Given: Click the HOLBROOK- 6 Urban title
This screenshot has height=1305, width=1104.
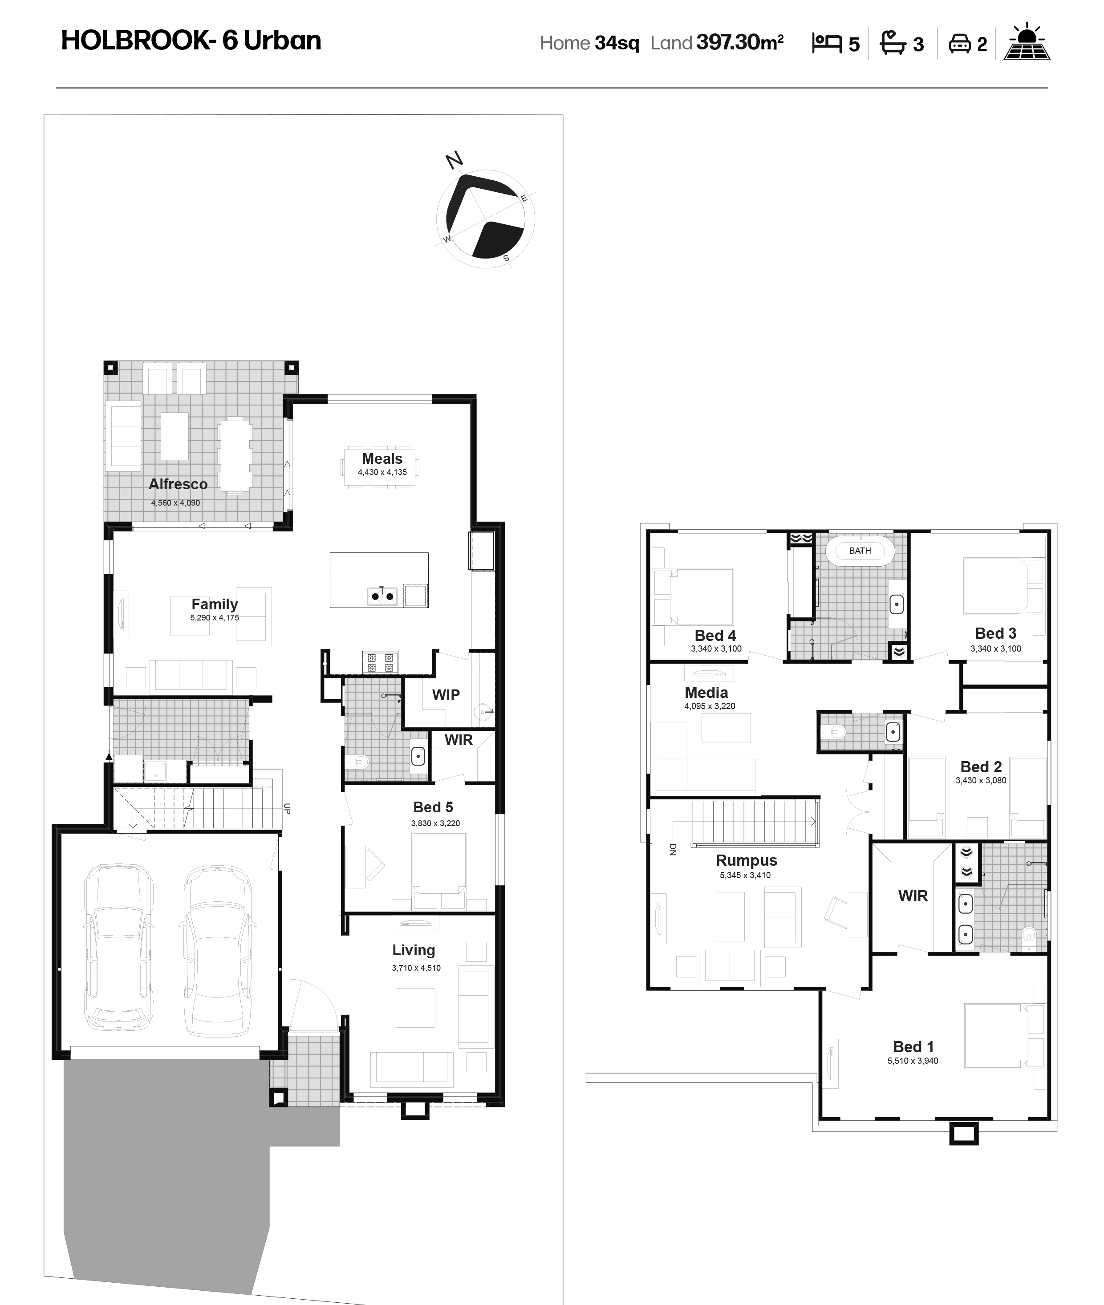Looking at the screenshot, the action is [x=191, y=41].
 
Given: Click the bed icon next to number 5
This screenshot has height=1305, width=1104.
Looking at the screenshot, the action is [x=826, y=43].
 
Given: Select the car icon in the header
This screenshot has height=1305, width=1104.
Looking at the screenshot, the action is [x=959, y=44].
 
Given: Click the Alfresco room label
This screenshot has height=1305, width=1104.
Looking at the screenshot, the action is [x=178, y=484].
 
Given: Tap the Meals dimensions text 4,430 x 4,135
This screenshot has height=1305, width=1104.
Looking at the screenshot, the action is [x=382, y=472].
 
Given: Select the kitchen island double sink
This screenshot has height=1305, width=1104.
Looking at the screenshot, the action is [x=382, y=596].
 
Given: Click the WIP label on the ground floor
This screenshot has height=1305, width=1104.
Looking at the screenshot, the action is [x=446, y=695].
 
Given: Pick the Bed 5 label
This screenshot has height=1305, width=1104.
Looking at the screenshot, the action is [x=433, y=808].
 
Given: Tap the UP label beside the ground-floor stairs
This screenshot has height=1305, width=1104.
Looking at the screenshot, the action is [x=287, y=808].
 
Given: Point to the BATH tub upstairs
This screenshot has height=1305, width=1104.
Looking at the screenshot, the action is [x=860, y=551].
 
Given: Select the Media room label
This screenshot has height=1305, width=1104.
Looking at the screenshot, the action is [x=706, y=693].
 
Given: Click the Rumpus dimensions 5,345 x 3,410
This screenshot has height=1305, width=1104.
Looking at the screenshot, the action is [x=745, y=875].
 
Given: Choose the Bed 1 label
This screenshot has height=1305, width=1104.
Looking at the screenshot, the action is [x=913, y=1047].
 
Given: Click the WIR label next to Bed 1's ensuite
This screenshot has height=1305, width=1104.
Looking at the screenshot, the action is [x=913, y=896].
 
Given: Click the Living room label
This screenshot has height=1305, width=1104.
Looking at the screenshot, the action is [x=414, y=950].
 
